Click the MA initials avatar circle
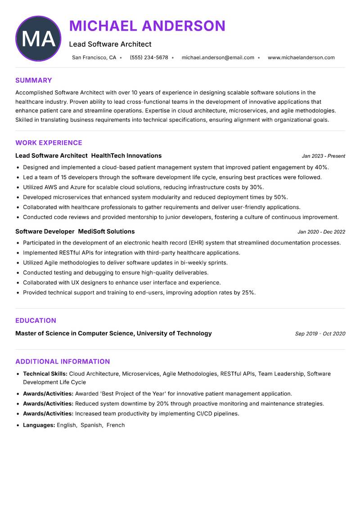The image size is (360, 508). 38,39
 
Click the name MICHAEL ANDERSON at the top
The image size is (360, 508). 147,26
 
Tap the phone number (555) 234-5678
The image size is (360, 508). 149,58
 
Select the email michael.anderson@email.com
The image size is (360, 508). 218,58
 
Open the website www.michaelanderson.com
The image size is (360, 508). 301,58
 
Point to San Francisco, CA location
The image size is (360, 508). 94,58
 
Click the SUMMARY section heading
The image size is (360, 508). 34,80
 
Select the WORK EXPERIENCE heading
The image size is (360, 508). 49,143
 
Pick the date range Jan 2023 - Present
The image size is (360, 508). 323,156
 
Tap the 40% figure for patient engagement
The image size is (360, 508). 321,167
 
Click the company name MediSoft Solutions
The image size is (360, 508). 106,232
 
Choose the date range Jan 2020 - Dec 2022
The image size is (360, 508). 321,232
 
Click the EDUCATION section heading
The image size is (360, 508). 36,321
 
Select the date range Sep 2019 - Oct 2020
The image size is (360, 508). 320,334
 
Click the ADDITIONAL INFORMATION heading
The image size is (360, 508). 63,361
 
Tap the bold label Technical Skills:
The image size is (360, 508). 45,374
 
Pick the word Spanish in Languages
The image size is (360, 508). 91,425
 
